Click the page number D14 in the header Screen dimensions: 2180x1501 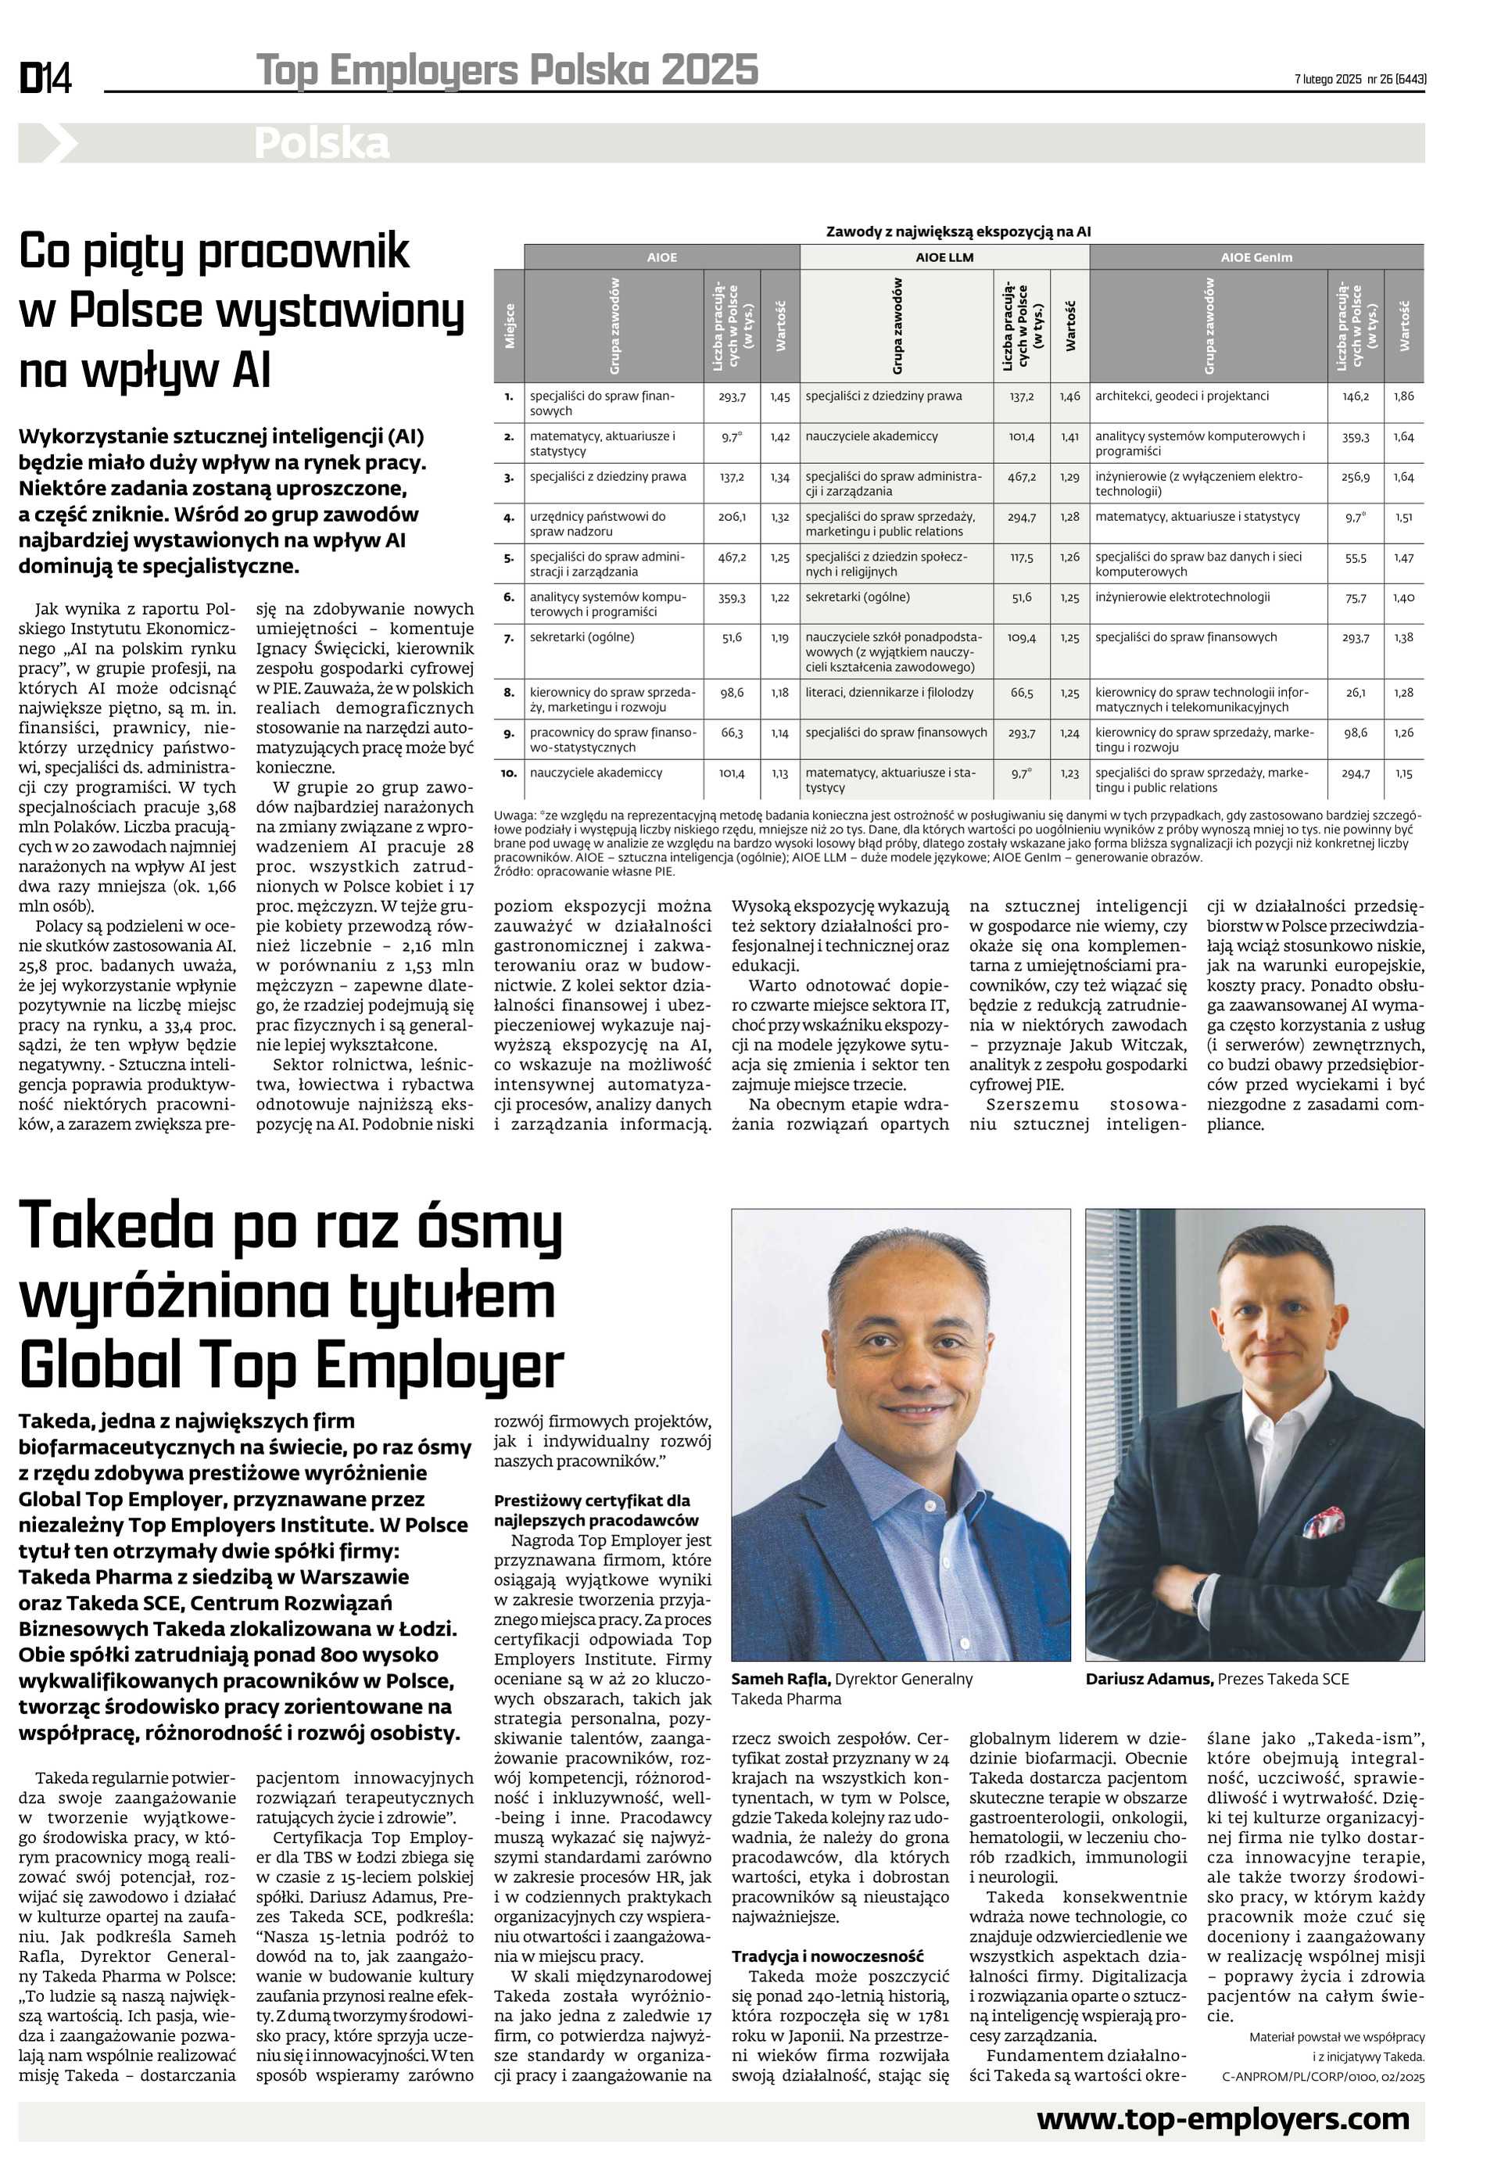(x=45, y=77)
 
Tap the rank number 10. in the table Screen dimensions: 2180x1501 (x=509, y=773)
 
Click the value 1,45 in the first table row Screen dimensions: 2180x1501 (x=779, y=397)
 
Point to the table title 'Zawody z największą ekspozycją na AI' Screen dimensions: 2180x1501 (x=958, y=231)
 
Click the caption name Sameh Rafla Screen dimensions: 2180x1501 (x=779, y=1679)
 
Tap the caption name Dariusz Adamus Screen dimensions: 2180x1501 (x=1148, y=1679)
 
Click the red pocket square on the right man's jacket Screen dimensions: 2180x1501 (x=1319, y=1520)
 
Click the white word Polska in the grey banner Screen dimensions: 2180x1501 (x=321, y=144)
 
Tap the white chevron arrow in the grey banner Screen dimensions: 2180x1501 (x=59, y=144)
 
